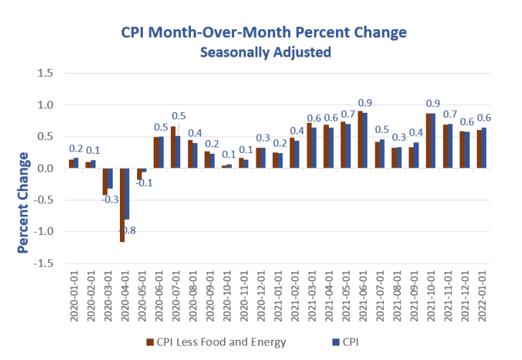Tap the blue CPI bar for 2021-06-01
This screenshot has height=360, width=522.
tap(365, 141)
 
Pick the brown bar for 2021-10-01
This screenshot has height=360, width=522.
tap(428, 141)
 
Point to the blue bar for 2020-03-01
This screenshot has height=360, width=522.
tap(110, 178)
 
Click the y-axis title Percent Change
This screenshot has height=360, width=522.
tap(24, 203)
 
